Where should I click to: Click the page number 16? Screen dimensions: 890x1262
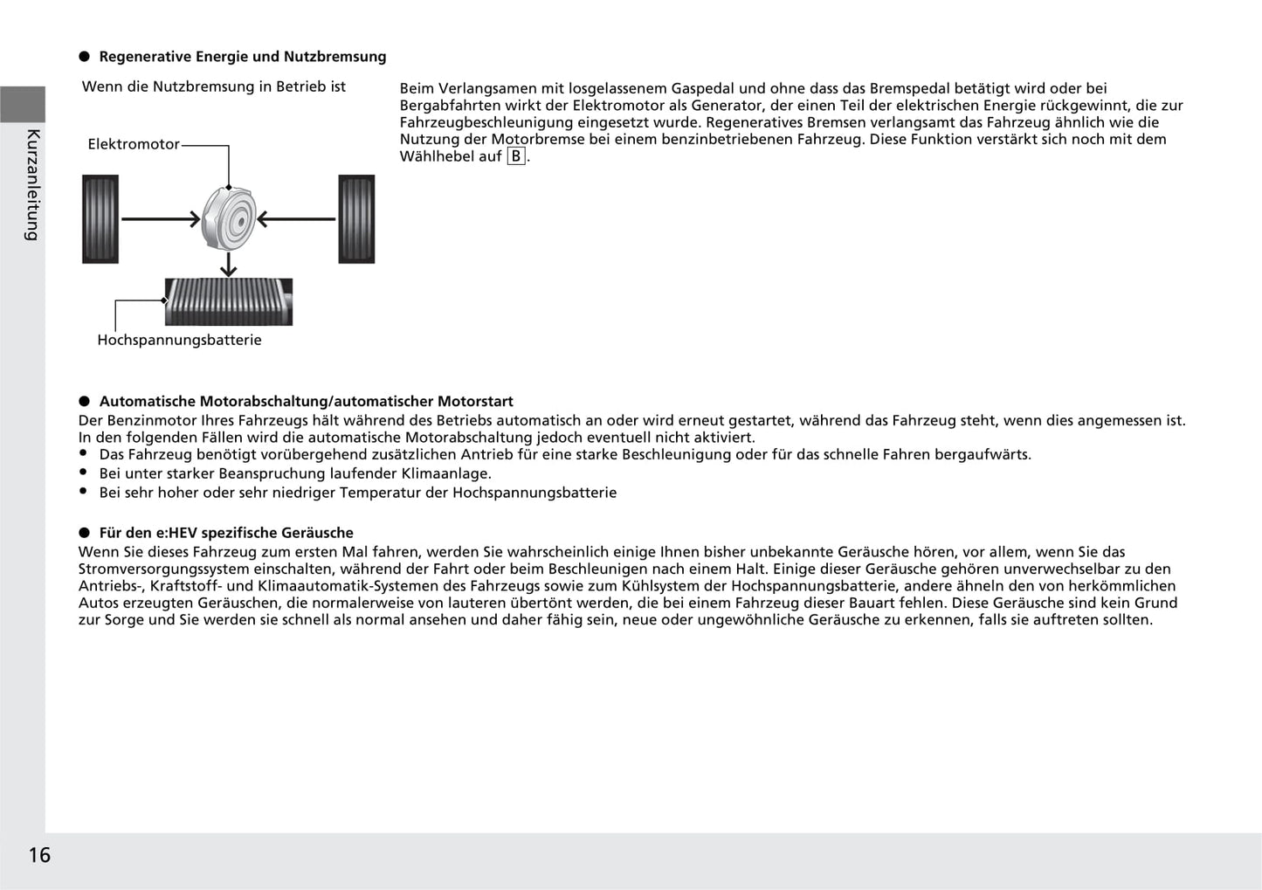coord(39,854)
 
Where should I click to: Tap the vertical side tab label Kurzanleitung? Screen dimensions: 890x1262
coord(33,184)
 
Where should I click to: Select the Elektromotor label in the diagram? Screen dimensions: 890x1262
coord(134,144)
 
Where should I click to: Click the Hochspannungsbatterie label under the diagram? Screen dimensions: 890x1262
coord(179,340)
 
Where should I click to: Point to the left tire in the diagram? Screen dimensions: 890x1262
coord(100,219)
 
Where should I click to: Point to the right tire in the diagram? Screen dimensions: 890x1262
coord(356,219)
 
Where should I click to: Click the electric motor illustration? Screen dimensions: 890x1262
coord(229,219)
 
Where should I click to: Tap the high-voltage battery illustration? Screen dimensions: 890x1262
coord(229,301)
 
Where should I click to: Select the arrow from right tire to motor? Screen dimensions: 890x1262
coord(296,219)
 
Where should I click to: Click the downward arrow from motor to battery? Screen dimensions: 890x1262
coord(229,265)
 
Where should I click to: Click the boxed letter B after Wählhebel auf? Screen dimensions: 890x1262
coord(516,156)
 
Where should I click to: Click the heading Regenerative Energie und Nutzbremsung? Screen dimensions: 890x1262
coord(243,57)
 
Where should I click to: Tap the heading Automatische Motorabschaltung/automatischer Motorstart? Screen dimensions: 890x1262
coord(306,402)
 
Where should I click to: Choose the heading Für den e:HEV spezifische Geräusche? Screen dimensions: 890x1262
coord(226,533)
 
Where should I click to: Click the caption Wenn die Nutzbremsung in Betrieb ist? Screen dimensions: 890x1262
coord(214,86)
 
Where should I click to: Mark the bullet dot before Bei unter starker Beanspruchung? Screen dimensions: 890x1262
coord(84,473)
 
